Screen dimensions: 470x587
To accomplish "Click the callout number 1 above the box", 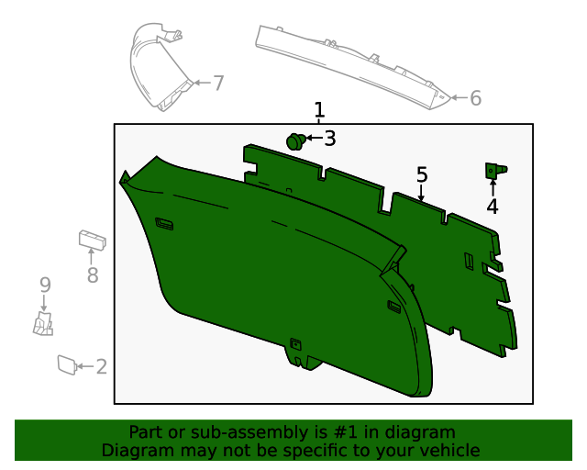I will [318, 110].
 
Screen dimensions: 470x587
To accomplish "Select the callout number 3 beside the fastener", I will [330, 139].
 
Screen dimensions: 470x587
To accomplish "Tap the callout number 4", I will [493, 207].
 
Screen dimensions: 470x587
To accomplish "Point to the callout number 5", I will [422, 173].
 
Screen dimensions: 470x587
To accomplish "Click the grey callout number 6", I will [475, 97].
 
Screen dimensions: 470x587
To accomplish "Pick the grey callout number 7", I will [218, 83].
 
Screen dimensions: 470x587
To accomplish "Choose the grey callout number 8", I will [92, 274].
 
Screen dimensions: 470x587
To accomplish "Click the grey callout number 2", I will [101, 367].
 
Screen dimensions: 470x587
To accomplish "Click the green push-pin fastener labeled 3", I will [295, 141].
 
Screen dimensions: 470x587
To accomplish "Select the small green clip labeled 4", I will [493, 170].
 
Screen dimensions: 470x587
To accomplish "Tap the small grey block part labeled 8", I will [91, 240].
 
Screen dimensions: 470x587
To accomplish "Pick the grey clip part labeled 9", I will [43, 323].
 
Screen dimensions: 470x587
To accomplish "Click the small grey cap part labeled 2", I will [66, 364].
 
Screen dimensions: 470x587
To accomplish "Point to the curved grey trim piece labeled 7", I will [158, 69].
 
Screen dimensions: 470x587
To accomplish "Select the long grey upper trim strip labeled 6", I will [349, 64].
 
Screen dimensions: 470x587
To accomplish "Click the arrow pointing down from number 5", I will [422, 191].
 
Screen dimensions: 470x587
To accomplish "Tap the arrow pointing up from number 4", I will [493, 188].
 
